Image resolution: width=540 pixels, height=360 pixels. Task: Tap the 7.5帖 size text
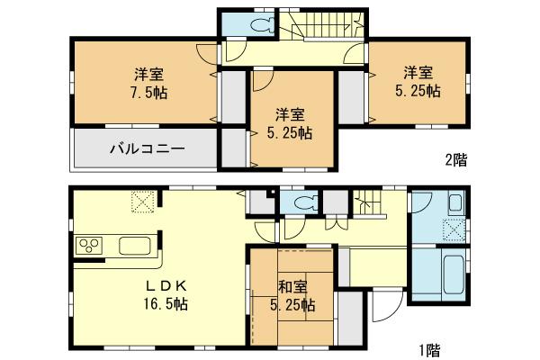148,92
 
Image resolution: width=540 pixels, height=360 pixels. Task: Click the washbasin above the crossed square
454,202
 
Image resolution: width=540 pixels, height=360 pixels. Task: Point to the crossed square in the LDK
142,202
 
